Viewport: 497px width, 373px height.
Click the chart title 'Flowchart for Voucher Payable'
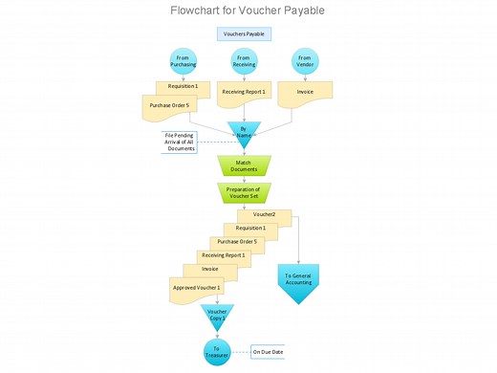248,11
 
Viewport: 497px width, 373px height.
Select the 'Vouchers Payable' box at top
244,33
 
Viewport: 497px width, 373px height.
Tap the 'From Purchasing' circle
183,61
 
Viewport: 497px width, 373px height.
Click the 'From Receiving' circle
244,61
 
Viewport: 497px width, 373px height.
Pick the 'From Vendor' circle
305,61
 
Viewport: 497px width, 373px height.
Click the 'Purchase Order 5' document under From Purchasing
169,106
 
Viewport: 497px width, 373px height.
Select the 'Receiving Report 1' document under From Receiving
244,93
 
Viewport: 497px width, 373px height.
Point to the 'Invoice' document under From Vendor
305,93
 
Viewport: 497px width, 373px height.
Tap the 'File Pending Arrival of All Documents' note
180,142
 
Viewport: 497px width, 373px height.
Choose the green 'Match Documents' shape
244,165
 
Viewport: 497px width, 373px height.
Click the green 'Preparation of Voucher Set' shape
244,192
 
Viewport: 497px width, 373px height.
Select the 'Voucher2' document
265,215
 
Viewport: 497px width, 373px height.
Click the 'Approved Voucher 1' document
196,288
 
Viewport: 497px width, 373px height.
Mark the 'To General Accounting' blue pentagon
298,281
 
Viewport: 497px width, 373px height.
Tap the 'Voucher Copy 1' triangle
217,315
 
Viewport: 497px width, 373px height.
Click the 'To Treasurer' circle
217,351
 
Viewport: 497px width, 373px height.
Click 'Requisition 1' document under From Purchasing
183,86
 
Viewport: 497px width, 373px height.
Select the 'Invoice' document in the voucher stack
209,270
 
